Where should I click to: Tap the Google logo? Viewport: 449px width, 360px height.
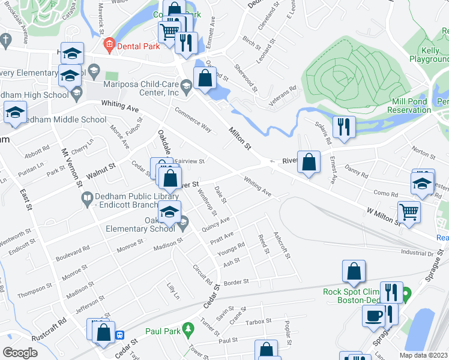[20, 353]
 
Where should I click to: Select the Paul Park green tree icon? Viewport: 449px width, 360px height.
[189, 329]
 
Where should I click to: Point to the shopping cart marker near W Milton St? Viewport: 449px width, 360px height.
[409, 212]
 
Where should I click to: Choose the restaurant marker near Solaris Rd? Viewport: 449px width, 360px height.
[343, 126]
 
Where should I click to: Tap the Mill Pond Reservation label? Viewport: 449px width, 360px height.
[416, 106]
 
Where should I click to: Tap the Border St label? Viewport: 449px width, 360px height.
[236, 281]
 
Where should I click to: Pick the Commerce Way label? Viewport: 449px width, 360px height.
[193, 119]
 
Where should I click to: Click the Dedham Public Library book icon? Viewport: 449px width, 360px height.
[88, 197]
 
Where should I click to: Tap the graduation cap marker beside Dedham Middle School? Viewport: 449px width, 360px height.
[15, 112]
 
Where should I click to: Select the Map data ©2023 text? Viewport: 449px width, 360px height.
[423, 355]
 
